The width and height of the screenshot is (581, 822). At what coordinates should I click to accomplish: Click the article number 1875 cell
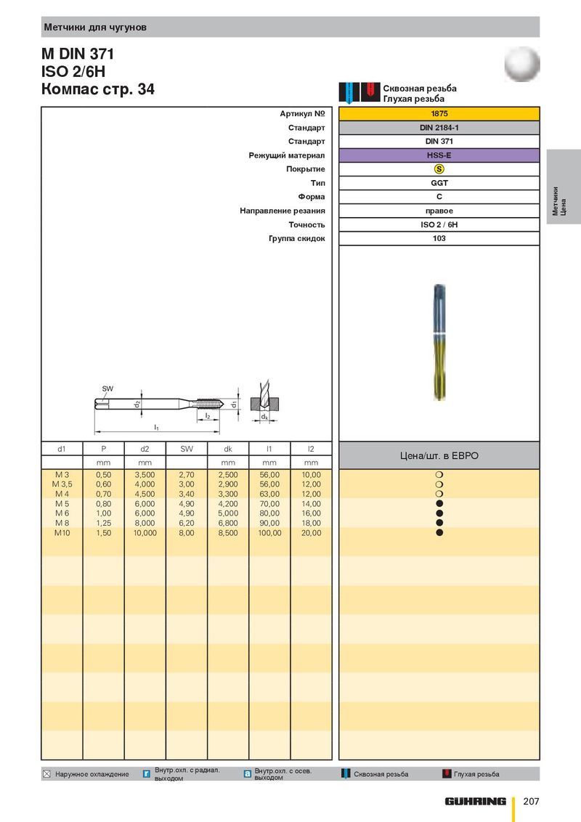point(439,114)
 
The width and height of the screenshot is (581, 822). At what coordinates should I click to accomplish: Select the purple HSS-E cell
point(439,155)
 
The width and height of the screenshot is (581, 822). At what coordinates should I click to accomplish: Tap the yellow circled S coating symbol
point(439,168)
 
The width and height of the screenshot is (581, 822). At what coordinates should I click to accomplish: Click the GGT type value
point(439,183)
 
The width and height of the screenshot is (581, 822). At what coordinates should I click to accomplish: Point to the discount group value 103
point(439,238)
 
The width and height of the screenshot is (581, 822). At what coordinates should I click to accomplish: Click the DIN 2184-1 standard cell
point(439,127)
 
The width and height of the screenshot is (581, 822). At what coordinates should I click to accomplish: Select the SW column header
point(187,449)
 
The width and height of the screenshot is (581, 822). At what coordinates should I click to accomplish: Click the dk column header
point(228,449)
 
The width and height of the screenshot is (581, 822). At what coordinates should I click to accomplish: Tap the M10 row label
point(62,532)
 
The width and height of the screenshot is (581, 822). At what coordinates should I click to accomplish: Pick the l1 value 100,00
point(269,532)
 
